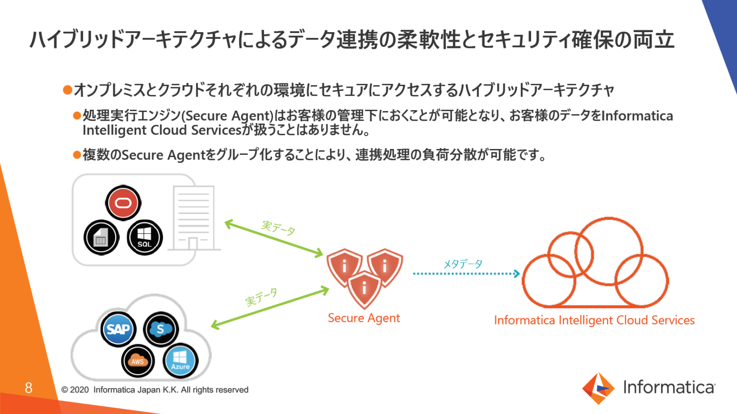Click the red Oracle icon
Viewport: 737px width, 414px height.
[123, 203]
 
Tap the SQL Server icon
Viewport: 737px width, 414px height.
[144, 237]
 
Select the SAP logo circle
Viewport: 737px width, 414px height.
[119, 329]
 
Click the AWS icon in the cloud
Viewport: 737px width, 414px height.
[138, 361]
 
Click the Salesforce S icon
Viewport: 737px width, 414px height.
[161, 329]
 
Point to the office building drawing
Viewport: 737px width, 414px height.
[194, 218]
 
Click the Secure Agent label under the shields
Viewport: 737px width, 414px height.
[364, 318]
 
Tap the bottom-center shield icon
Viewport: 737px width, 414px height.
[364, 288]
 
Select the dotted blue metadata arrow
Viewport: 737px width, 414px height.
[465, 274]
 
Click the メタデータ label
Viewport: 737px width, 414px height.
[463, 264]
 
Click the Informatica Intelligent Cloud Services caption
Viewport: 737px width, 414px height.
[594, 320]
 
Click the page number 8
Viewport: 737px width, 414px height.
[29, 388]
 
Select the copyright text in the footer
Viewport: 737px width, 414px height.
[155, 390]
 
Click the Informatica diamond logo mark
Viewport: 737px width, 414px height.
[598, 388]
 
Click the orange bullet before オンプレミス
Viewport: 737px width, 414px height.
[68, 90]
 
